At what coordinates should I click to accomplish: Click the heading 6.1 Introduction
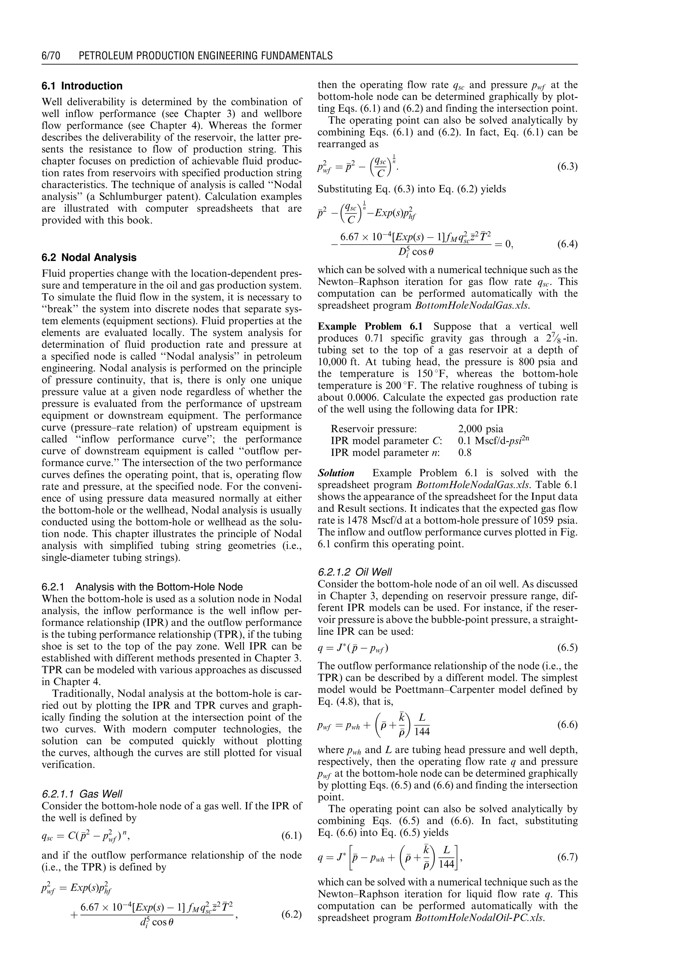tap(82, 86)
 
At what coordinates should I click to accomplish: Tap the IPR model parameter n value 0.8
tap(465, 453)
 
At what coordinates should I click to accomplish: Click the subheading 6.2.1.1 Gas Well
tap(82, 794)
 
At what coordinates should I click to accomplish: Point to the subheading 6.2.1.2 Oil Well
tap(355, 572)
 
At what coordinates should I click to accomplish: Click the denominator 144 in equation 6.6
tap(422, 732)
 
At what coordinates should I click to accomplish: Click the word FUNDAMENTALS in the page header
tap(291, 56)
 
